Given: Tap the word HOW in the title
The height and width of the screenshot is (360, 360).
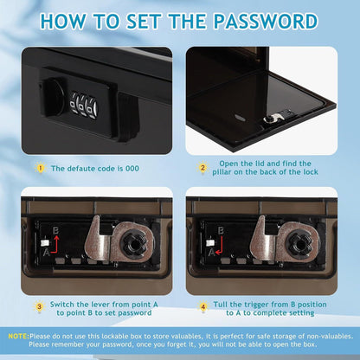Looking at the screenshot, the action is (x=63, y=22).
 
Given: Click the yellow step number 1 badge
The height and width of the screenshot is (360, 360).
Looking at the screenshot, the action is (x=41, y=168).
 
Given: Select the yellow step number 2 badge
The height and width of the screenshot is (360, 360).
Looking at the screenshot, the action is (x=202, y=168).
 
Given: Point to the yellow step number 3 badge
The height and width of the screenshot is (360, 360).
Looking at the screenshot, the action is (x=40, y=306).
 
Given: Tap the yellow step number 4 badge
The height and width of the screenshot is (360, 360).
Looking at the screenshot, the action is (x=203, y=306).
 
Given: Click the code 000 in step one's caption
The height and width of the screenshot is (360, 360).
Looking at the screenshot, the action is (x=132, y=169).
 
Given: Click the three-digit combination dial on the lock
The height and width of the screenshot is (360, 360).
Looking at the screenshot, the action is (x=84, y=106).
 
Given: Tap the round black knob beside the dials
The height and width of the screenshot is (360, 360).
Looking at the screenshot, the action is (x=55, y=97).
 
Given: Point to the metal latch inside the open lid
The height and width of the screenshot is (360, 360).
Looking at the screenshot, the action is (x=276, y=117).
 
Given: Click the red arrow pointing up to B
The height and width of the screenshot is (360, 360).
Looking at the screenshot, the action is (x=54, y=246).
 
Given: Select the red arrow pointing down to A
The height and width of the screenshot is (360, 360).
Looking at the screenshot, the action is (x=219, y=246).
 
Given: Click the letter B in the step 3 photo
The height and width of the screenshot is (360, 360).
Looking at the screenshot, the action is (x=56, y=230).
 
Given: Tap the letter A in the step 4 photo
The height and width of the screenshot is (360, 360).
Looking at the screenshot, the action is (x=212, y=253).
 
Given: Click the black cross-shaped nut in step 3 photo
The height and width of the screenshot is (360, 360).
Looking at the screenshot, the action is (x=133, y=241).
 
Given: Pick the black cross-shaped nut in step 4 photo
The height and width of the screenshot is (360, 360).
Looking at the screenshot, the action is (x=299, y=241).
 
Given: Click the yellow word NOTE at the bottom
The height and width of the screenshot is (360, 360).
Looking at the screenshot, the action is (x=18, y=336).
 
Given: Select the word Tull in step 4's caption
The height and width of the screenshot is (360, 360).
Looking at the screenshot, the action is (x=221, y=305).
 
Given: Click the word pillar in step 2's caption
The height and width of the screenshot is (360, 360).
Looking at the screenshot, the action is (x=222, y=172).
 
